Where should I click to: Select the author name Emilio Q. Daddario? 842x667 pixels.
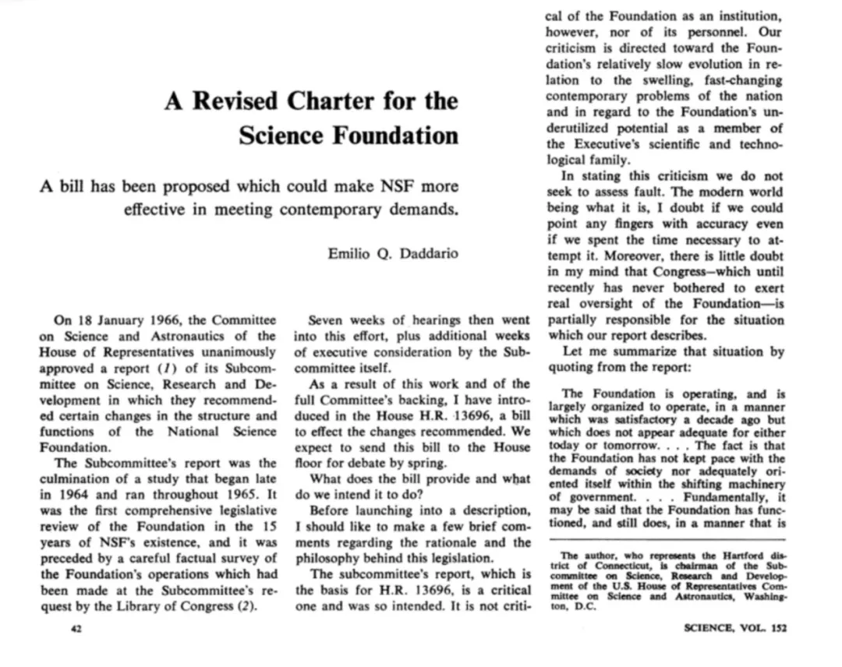[x=393, y=252]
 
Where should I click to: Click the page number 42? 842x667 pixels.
[x=66, y=629]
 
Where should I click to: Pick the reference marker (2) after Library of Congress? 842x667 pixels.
[x=247, y=607]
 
